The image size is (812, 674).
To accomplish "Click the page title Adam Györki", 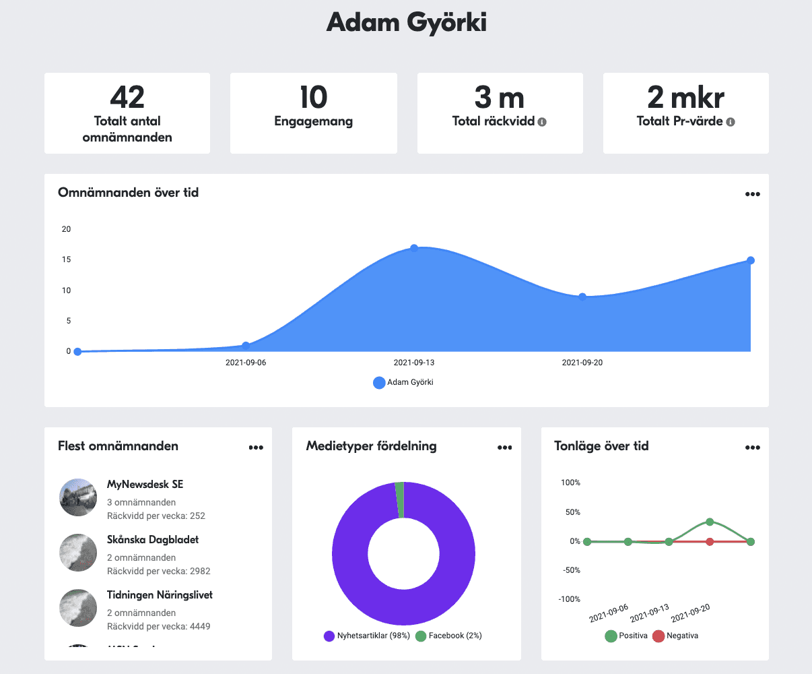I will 406,23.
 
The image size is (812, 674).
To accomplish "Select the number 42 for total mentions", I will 127,98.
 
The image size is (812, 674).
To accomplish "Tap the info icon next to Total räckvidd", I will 542,122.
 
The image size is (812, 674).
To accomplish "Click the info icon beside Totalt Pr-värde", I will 731,122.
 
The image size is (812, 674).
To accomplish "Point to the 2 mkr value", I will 685,98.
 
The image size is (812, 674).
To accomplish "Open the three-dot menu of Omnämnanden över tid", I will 752,194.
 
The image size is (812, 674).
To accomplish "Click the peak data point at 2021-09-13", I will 414,248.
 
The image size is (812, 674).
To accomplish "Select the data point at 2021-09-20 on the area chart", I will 582,297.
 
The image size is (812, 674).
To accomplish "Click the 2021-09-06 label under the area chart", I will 246,363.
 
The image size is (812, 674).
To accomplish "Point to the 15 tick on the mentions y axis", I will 66,259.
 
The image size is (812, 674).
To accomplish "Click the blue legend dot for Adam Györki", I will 379,382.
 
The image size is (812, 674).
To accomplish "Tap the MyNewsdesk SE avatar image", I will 78,497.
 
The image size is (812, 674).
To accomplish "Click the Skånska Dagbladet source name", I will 153,540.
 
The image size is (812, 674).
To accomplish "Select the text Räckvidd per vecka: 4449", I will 158,626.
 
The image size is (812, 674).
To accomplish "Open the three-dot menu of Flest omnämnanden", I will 255,447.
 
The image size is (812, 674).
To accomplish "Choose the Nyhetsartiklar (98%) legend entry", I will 367,636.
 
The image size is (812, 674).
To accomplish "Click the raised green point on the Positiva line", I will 710,522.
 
